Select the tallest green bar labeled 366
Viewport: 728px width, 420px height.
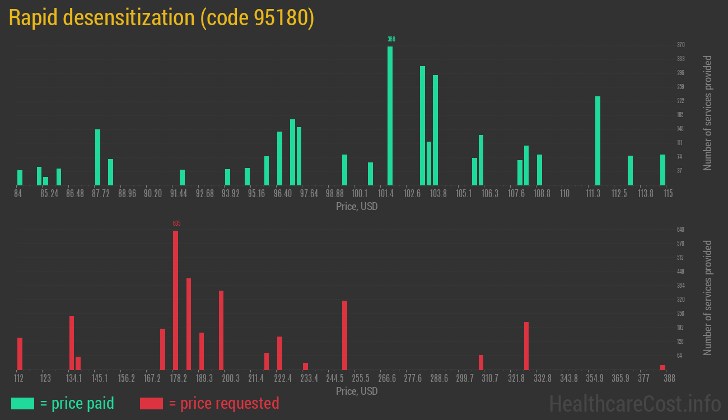tap(390, 115)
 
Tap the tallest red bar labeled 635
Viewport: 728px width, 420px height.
tap(175, 300)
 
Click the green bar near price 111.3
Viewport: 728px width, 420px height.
tap(598, 141)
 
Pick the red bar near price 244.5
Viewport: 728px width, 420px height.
tap(344, 335)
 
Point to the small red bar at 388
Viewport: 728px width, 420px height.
tap(662, 367)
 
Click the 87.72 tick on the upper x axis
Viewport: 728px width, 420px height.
tap(101, 194)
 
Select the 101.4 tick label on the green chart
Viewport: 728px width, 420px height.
tap(385, 194)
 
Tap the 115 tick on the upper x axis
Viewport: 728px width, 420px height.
tap(668, 194)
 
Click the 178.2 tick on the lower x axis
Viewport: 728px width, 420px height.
tap(179, 379)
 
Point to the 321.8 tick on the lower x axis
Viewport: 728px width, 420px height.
tap(518, 379)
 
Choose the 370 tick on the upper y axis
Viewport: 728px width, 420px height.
tap(681, 45)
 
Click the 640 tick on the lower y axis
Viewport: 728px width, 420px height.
tap(681, 230)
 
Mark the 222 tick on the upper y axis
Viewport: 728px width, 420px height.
tap(681, 101)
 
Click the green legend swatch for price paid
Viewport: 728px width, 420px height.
tap(22, 403)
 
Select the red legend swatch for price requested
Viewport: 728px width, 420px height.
tap(151, 403)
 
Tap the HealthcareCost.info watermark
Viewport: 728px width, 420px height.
tap(634, 403)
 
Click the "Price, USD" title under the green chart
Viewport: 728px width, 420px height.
tap(357, 207)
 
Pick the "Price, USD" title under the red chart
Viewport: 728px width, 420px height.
tap(357, 391)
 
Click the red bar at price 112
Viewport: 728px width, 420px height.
tap(20, 353)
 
